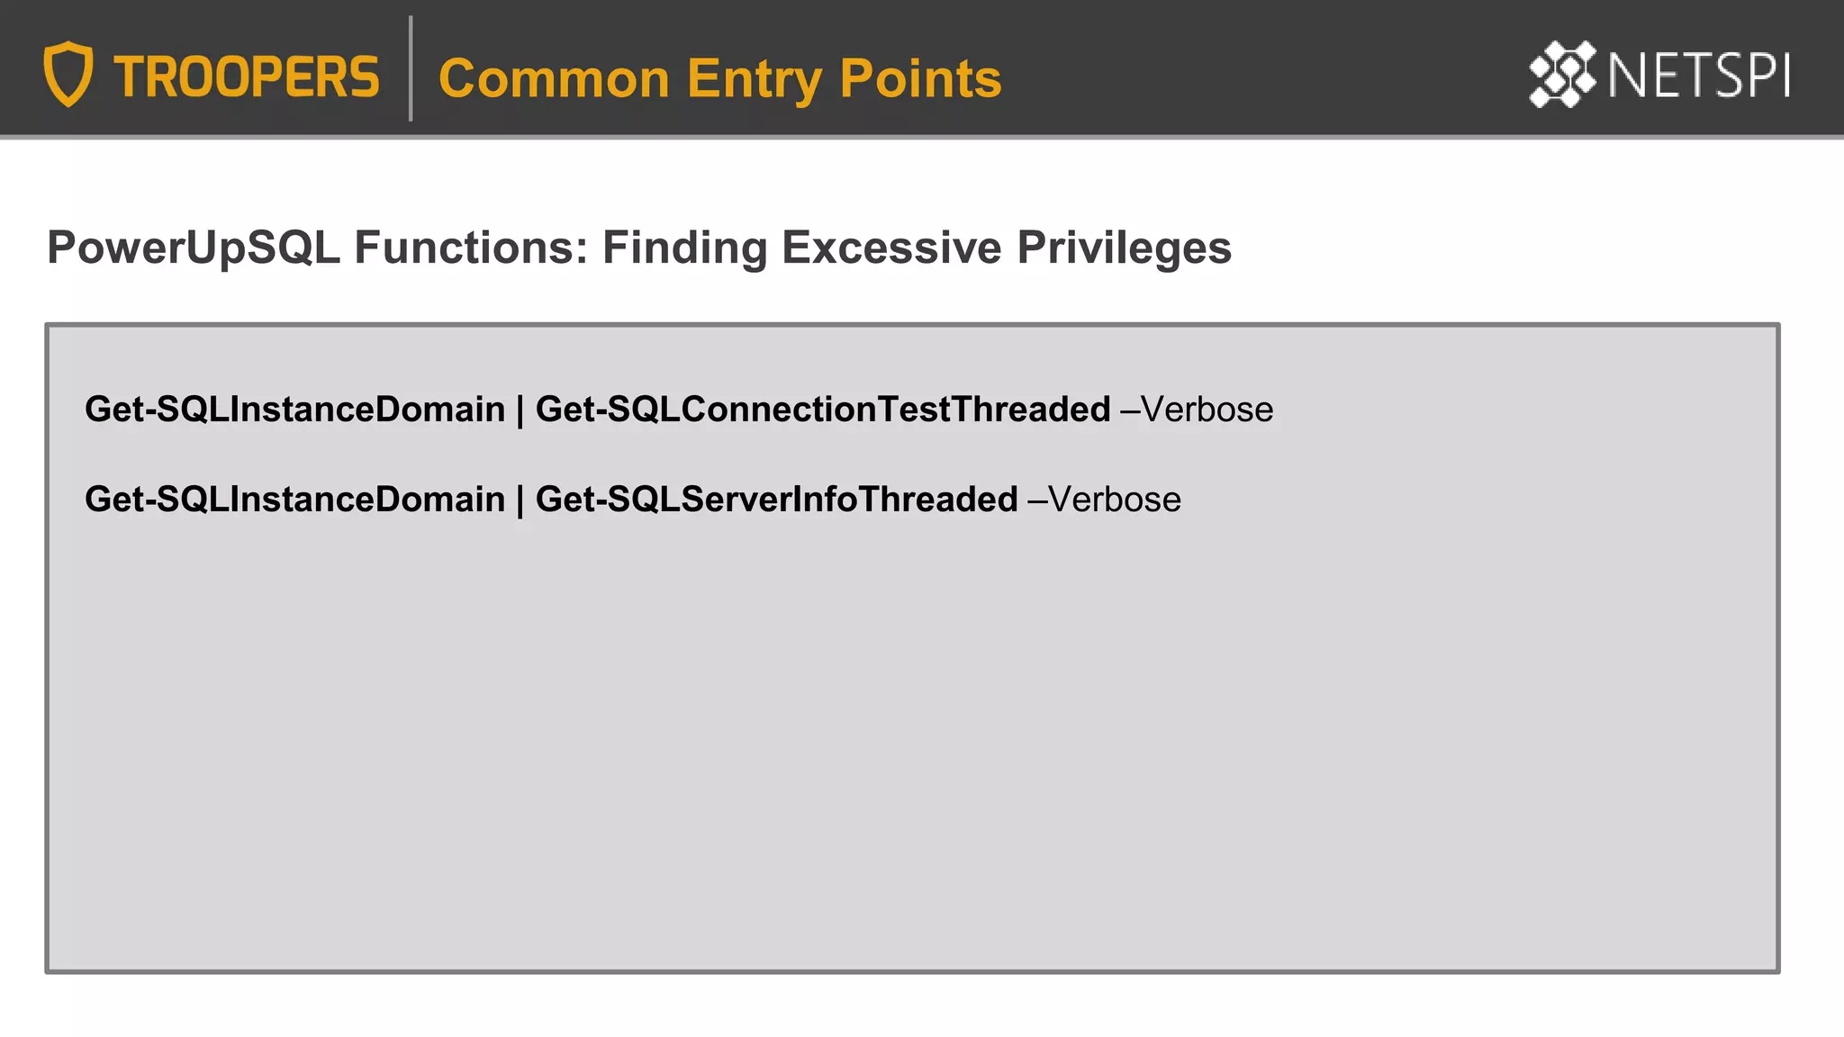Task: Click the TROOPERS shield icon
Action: pos(68,74)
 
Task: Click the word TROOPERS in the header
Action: pos(247,77)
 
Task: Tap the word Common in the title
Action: pos(554,78)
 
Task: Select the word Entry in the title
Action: pos(754,78)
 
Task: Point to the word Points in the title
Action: pos(920,78)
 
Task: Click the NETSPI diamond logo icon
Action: pos(1562,74)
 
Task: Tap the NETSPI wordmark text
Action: pos(1699,76)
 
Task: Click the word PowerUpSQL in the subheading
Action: pos(194,248)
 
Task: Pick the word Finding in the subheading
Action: pos(684,248)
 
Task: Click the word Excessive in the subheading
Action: pos(891,248)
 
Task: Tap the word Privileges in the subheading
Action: pos(1124,248)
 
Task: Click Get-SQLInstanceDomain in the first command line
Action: pos(294,410)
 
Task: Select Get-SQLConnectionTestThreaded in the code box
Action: pos(823,410)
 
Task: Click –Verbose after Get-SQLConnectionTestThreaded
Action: pos(1197,410)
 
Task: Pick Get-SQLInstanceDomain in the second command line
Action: pos(294,500)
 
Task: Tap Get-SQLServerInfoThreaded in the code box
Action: pos(776,500)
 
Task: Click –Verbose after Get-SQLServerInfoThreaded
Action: pos(1104,500)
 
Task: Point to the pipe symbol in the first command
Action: pos(520,410)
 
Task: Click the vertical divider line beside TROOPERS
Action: pos(411,68)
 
